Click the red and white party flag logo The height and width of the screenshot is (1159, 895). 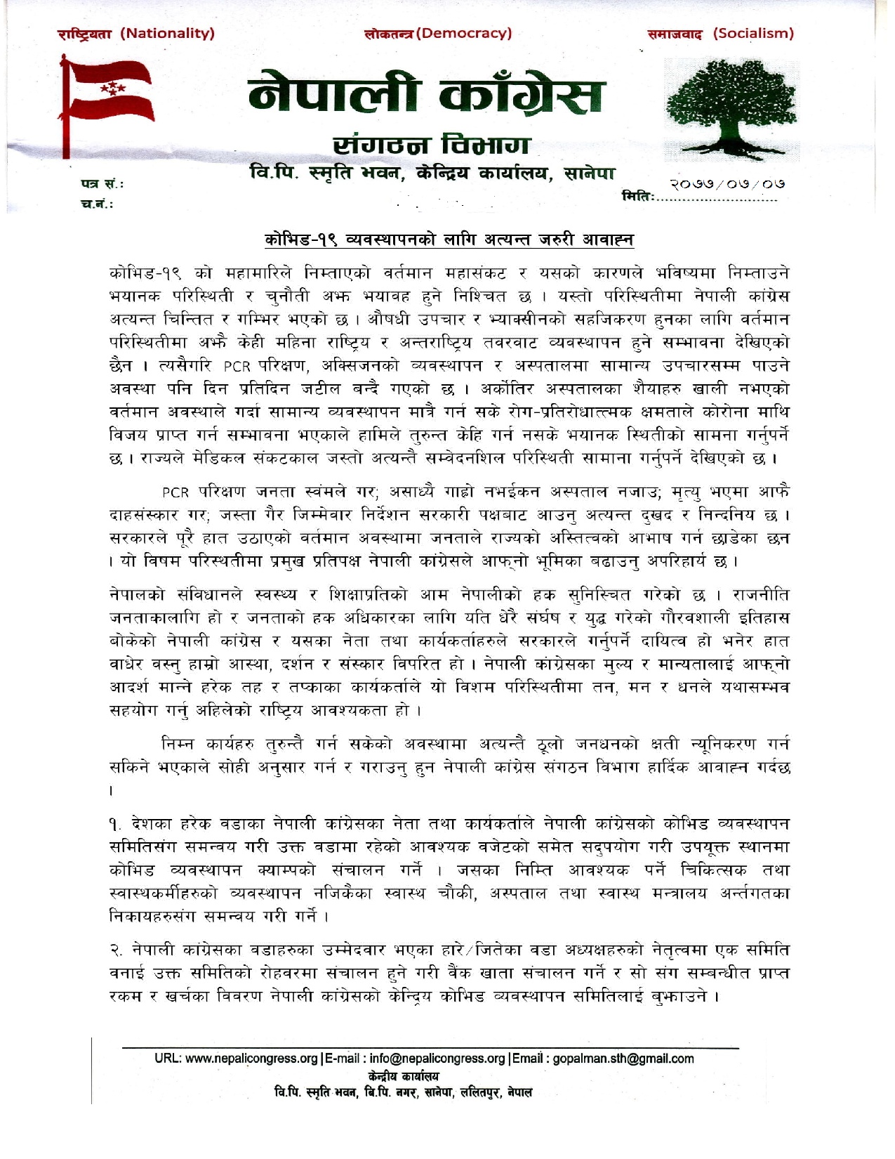(x=107, y=100)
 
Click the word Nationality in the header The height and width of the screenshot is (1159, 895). (x=167, y=33)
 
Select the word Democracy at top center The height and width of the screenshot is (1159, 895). (x=464, y=33)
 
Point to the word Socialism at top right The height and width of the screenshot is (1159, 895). (x=753, y=33)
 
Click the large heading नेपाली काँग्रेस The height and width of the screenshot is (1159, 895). (x=425, y=96)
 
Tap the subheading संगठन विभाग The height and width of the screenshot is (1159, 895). (x=430, y=145)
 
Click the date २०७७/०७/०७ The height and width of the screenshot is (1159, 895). (x=726, y=185)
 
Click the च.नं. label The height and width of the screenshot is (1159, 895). (x=97, y=204)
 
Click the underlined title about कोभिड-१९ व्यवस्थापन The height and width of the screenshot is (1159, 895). (x=449, y=240)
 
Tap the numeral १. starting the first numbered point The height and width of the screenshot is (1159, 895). (x=117, y=823)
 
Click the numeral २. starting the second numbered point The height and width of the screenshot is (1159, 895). (x=117, y=950)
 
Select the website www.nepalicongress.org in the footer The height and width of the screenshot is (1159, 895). (x=251, y=1059)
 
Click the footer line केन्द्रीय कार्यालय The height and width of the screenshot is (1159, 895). (x=403, y=1076)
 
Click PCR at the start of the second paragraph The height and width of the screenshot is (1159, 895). (x=176, y=492)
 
